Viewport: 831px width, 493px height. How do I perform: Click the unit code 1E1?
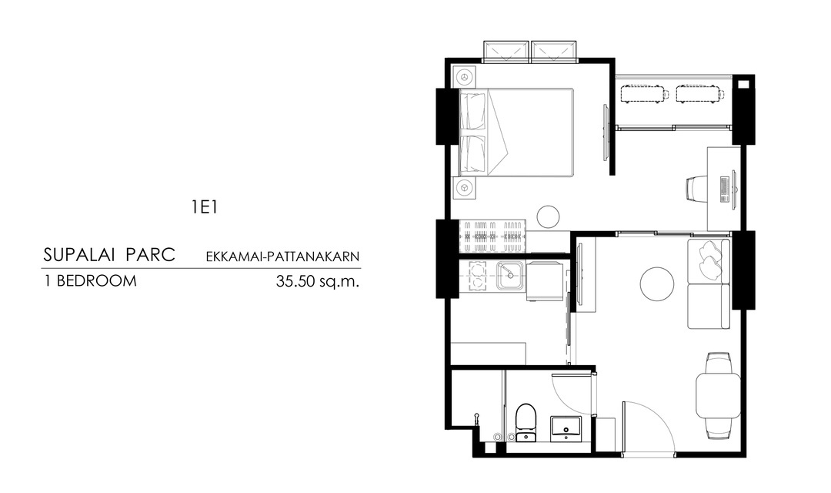(205, 207)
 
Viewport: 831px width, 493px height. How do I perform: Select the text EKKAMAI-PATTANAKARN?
(282, 257)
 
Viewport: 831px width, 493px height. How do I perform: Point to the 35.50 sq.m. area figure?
(318, 280)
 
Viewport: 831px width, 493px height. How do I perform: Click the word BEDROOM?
(96, 280)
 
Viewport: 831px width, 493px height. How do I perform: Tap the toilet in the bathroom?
(526, 423)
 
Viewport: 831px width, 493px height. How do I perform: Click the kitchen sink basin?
(510, 276)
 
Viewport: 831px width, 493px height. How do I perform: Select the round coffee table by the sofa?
(657, 284)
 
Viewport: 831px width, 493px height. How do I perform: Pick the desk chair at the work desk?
(696, 189)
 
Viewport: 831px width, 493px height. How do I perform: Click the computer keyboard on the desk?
(724, 189)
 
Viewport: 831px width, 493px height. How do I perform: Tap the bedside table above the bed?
(464, 77)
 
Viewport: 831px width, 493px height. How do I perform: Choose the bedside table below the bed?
(464, 187)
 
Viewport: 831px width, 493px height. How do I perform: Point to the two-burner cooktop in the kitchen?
(477, 277)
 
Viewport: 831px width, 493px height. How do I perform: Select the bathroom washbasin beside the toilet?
(566, 428)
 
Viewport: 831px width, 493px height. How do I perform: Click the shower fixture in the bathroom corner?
(477, 419)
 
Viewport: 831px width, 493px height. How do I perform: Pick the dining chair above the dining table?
(718, 363)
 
